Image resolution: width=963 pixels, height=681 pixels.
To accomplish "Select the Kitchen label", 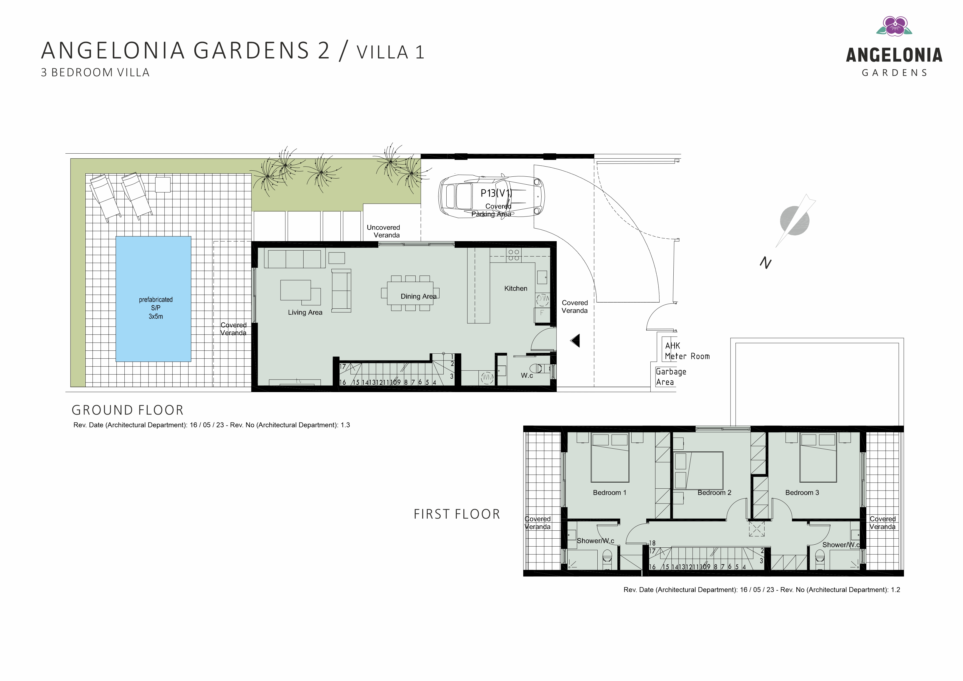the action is coord(516,288).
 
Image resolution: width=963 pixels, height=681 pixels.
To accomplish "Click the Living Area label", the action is coord(305,313).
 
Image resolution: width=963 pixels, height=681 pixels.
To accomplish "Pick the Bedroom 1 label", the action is coord(609,493).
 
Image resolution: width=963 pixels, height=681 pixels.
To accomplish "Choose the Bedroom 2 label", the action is coord(714,493).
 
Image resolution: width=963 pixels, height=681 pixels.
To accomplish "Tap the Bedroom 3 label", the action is coord(802,493).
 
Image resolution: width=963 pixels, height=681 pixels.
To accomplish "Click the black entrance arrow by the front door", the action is coord(575,340).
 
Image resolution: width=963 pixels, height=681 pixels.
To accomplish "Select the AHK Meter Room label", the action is coord(687,351).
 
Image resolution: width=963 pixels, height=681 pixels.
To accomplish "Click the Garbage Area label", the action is coord(671,376).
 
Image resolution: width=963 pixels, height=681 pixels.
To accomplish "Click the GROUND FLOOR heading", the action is coord(127,410).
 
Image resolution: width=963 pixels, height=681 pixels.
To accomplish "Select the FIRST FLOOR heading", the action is coord(457,514).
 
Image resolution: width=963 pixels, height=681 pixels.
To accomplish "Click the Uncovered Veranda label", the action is coord(383,231).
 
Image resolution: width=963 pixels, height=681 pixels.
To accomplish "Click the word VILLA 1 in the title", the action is coord(390,52).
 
